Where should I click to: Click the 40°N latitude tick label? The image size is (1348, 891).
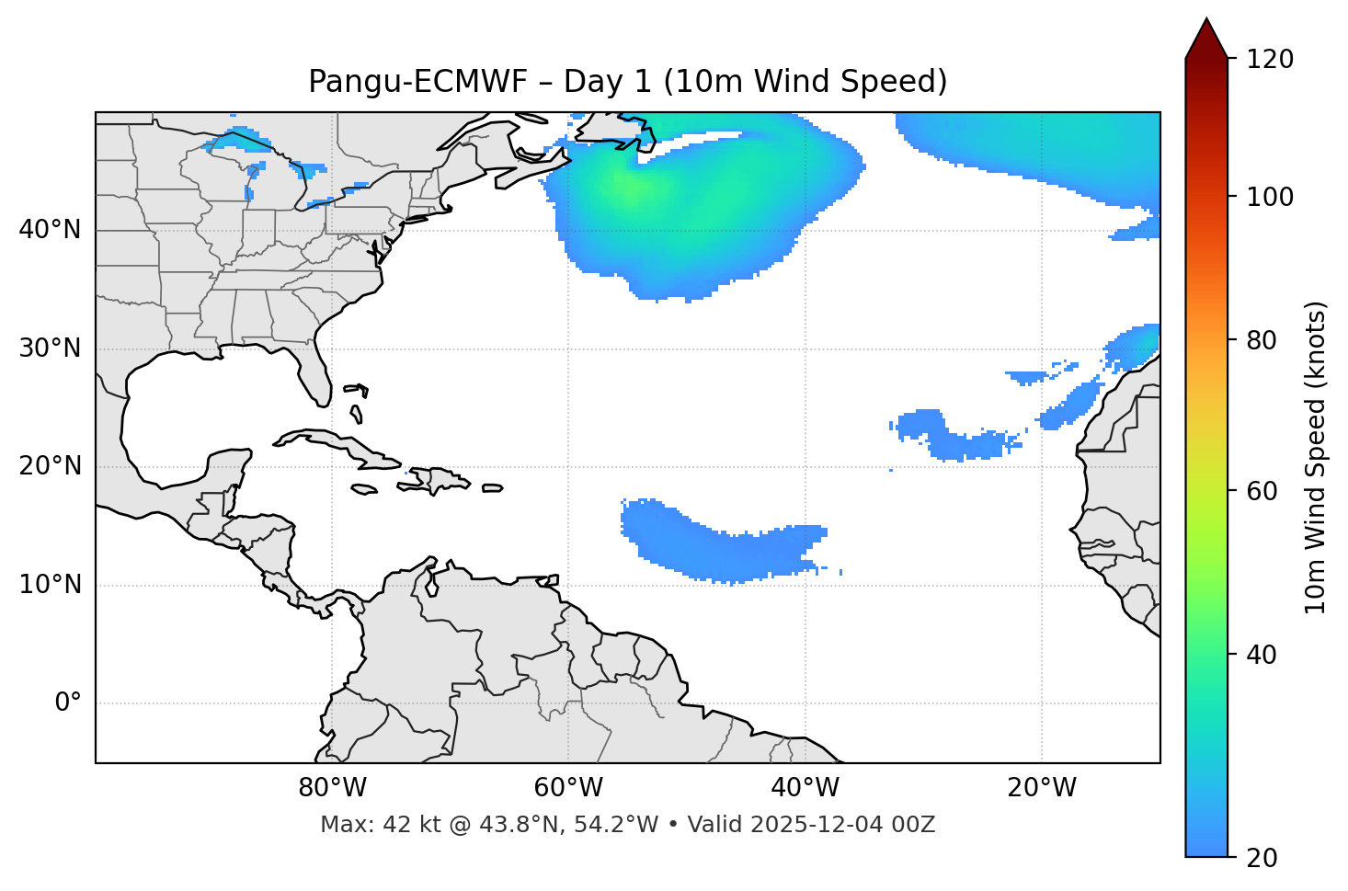point(50,230)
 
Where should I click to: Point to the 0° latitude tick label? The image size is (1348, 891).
point(68,703)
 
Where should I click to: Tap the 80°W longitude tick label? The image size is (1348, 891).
point(332,788)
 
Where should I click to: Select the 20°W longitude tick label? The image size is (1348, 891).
point(1042,788)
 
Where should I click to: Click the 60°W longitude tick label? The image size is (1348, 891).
point(568,788)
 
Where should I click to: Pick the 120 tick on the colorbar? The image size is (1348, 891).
point(1270,59)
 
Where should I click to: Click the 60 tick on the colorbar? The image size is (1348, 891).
point(1258,491)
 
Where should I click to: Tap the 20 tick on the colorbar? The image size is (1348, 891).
point(1258,858)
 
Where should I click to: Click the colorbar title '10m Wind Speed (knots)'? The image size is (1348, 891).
point(1316,458)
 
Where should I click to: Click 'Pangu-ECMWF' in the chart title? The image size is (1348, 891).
point(417,82)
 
